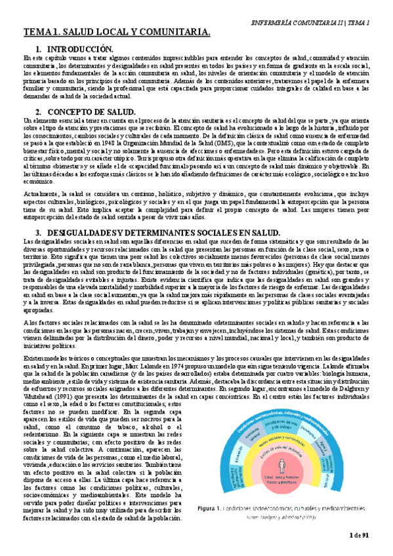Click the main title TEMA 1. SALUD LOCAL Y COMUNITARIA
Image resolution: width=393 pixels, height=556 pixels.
pos(117,32)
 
